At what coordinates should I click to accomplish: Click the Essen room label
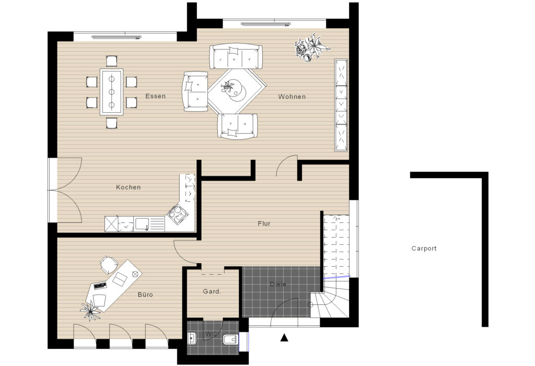(x=156, y=96)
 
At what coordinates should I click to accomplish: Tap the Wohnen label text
(x=292, y=97)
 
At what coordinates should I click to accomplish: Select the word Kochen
(x=128, y=187)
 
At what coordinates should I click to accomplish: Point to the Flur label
(x=264, y=223)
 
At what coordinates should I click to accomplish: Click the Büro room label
(x=145, y=295)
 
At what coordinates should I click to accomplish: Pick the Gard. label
(x=212, y=292)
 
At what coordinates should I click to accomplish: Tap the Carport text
(x=424, y=249)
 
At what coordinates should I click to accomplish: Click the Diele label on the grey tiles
(x=278, y=285)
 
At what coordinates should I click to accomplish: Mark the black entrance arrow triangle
(x=284, y=338)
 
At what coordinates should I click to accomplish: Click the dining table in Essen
(x=111, y=91)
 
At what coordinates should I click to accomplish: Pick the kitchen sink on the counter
(x=142, y=224)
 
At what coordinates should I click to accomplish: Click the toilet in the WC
(x=228, y=341)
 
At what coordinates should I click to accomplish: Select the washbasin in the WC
(x=191, y=339)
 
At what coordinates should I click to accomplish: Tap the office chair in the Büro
(x=107, y=264)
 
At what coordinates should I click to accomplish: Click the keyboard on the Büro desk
(x=100, y=286)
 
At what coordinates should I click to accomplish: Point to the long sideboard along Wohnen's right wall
(x=341, y=104)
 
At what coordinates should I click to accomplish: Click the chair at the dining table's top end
(x=111, y=61)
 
